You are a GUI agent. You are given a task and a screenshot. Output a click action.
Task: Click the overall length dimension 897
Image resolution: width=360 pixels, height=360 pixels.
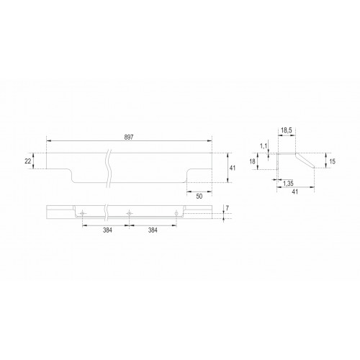point(129,138)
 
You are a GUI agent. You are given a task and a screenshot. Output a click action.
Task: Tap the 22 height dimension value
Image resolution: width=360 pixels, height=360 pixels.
point(28,161)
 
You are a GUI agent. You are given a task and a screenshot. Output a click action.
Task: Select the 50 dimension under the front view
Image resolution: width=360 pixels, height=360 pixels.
point(199,197)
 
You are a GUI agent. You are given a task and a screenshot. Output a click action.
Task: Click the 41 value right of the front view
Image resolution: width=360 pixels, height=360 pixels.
point(233,168)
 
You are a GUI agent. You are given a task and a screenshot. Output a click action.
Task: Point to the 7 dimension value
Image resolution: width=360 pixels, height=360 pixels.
point(228,208)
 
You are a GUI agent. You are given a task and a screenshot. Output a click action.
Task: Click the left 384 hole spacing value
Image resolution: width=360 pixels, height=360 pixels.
point(107,230)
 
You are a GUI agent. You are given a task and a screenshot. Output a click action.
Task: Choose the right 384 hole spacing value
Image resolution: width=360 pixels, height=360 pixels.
point(153,230)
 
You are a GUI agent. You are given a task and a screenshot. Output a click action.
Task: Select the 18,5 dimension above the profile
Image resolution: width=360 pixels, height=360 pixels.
point(287,130)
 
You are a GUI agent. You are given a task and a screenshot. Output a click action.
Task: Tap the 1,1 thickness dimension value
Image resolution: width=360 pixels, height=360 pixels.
point(264,146)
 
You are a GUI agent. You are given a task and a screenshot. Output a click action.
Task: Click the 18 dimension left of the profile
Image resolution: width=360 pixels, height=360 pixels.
point(252,161)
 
